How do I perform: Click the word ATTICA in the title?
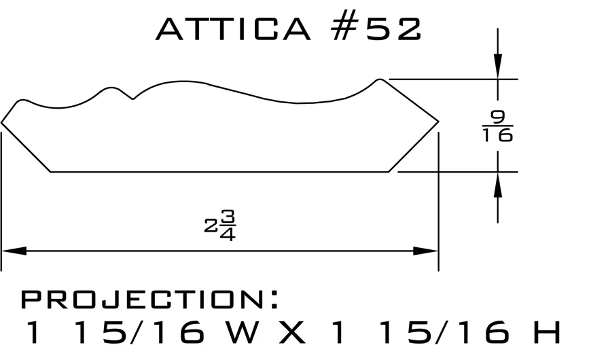tap(233, 29)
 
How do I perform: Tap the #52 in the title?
tap(376, 29)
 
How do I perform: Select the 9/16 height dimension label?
tap(498, 126)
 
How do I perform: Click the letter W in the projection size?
tap(243, 332)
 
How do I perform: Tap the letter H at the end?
tap(548, 332)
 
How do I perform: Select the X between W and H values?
tap(292, 332)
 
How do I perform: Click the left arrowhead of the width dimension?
tap(14, 251)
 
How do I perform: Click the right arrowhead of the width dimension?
tap(425, 251)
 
